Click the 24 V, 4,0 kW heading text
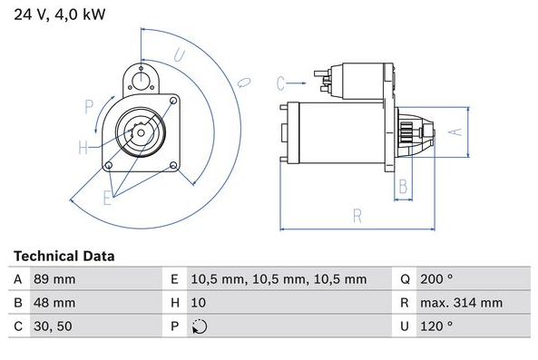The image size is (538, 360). pyautogui.click(x=59, y=15)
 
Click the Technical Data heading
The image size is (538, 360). pyautogui.click(x=64, y=256)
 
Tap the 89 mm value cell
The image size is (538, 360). pyautogui.click(x=54, y=279)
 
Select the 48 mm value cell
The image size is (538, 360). pyautogui.click(x=54, y=303)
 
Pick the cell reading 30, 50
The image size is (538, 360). pyautogui.click(x=53, y=326)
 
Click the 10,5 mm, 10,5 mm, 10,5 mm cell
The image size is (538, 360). pyautogui.click(x=279, y=279)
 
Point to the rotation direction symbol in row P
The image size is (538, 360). pyautogui.click(x=200, y=326)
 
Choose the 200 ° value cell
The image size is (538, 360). pyautogui.click(x=436, y=279)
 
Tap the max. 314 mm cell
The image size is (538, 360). pyautogui.click(x=462, y=303)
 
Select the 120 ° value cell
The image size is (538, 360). pyautogui.click(x=436, y=326)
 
